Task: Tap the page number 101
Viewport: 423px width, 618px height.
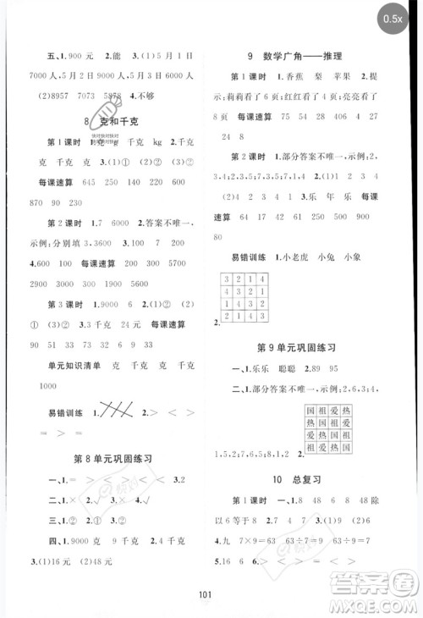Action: click(x=211, y=596)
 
